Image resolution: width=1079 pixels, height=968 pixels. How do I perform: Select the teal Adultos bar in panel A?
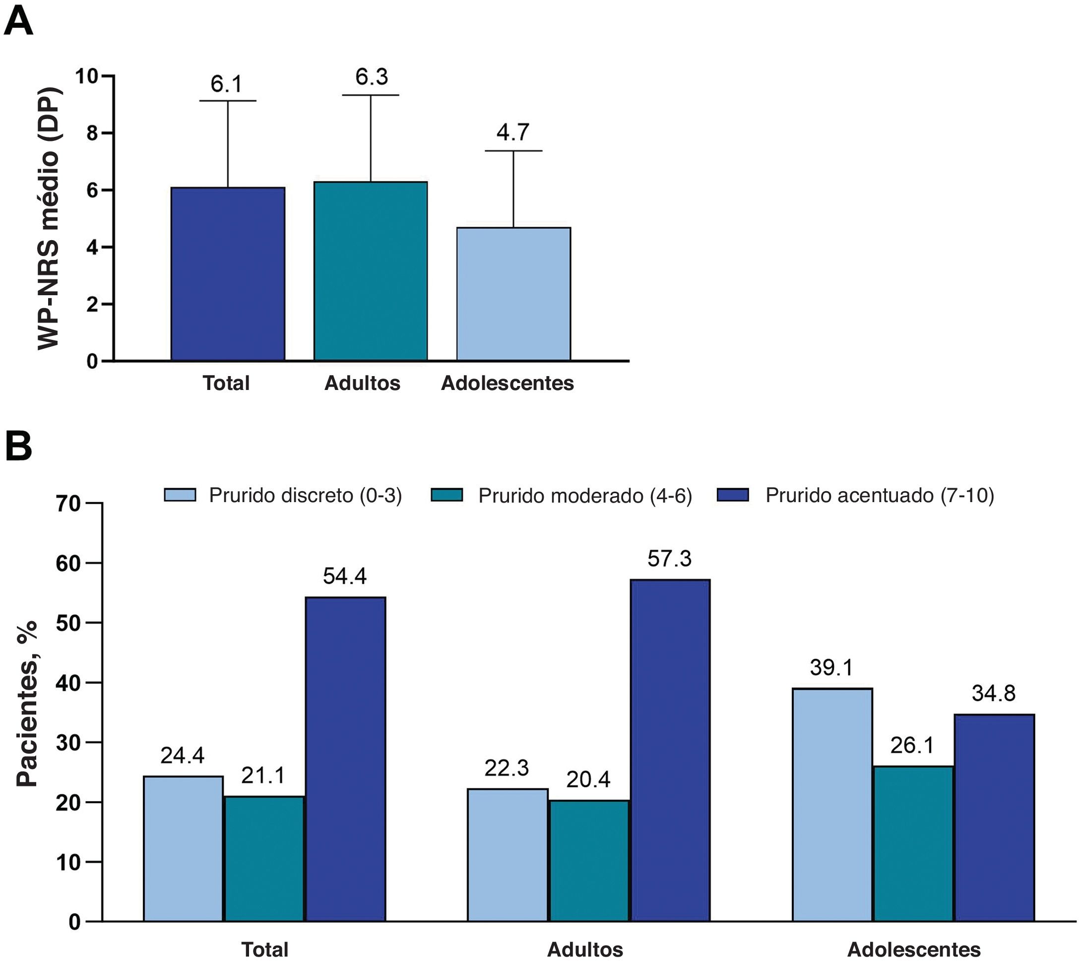point(371,271)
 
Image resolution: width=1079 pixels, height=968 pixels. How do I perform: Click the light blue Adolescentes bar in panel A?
point(514,294)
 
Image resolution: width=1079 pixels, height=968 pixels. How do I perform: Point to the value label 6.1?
point(226,84)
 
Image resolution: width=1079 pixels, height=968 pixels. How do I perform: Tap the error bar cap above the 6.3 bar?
point(371,95)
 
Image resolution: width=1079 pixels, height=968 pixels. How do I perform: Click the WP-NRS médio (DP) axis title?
point(49,218)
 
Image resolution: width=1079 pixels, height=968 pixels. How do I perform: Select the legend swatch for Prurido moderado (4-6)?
point(446,495)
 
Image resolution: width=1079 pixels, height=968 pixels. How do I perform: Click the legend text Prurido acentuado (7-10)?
point(880,495)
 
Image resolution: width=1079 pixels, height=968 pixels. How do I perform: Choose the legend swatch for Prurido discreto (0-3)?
point(180,495)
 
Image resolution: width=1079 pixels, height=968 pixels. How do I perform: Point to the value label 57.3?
point(670,559)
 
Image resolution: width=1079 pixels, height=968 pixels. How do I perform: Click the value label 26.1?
point(912,745)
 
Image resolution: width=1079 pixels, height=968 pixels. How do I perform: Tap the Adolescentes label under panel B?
point(913,949)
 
